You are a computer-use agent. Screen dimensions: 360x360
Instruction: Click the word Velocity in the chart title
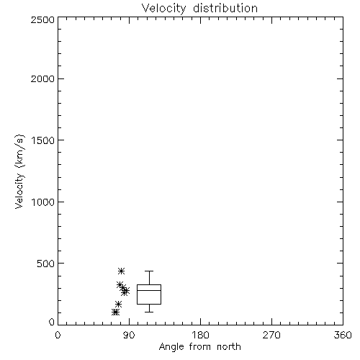click(164, 9)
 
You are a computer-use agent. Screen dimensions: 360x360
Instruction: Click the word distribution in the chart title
click(225, 8)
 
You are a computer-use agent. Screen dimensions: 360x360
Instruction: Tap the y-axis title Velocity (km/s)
click(19, 172)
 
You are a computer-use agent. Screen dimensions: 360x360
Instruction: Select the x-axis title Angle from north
click(200, 346)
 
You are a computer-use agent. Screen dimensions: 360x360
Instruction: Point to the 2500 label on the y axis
click(42, 19)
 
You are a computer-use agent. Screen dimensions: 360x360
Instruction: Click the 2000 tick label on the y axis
click(42, 78)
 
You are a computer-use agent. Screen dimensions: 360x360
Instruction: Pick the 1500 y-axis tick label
click(43, 140)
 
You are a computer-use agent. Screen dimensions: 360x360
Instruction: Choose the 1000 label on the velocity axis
click(43, 202)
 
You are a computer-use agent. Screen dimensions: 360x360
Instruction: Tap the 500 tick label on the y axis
click(46, 264)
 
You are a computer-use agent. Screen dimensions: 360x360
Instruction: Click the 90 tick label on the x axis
click(129, 335)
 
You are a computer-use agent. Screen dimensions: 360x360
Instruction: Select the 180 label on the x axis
click(200, 335)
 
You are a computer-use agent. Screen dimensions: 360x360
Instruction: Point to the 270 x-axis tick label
click(271, 335)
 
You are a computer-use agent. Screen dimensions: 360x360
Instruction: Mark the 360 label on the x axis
click(343, 335)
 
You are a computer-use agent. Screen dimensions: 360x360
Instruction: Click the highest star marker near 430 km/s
click(122, 271)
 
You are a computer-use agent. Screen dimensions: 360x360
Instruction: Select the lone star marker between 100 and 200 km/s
click(118, 305)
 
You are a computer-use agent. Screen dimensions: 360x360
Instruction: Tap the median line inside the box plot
click(149, 290)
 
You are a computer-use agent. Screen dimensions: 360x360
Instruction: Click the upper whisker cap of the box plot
click(149, 271)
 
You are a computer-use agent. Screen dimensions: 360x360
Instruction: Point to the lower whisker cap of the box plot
click(149, 312)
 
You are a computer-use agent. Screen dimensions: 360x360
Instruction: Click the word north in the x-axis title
click(229, 346)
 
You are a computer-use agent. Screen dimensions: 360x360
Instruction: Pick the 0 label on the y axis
click(52, 322)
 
